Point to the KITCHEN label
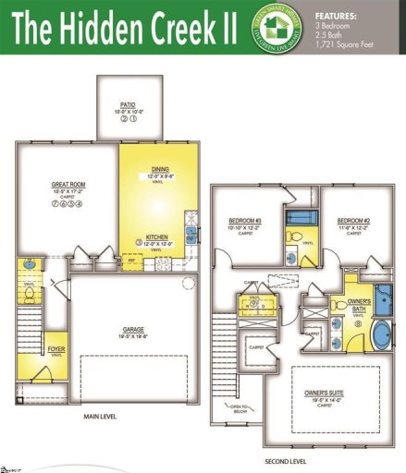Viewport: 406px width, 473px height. point(156,236)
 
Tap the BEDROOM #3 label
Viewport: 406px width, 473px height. point(246,221)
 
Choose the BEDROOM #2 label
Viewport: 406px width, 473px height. point(353,221)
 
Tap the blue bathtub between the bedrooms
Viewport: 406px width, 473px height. point(299,219)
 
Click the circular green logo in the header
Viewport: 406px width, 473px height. point(281,28)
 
